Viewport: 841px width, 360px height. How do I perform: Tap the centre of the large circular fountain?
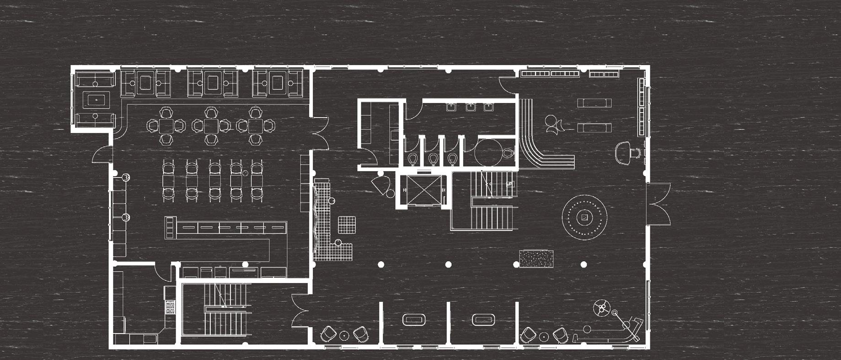pos(584,217)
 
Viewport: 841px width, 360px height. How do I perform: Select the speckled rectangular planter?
pos(536,258)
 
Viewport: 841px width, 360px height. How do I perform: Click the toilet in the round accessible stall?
pos(507,153)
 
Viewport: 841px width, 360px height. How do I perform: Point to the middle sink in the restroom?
pos(470,107)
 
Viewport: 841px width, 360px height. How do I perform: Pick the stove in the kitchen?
pos(170,306)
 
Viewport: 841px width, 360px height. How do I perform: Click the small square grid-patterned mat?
pos(346,225)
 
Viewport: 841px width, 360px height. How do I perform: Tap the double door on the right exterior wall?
pos(659,203)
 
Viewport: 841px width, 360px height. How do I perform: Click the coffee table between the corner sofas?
pos(96,99)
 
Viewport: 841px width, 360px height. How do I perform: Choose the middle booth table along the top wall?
pos(212,83)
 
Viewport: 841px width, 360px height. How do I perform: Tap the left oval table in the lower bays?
pos(414,319)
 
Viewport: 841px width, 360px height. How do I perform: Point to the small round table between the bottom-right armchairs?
pos(544,337)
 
